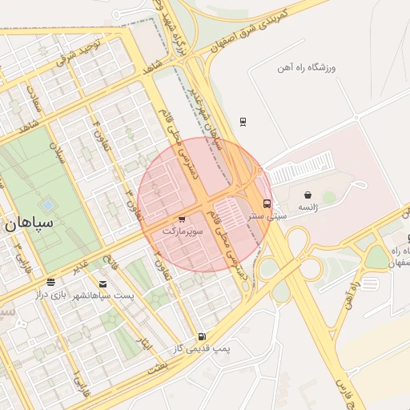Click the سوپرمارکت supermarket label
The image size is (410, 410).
(184, 231)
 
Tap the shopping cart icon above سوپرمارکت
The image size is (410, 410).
(182, 219)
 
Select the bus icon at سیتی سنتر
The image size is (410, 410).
(267, 203)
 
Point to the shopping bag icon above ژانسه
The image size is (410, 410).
(308, 195)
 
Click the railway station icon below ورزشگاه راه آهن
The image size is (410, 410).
(243, 122)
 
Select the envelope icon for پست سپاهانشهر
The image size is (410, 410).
(102, 283)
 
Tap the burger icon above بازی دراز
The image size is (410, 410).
(51, 282)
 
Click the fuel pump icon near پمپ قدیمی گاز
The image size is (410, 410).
(201, 337)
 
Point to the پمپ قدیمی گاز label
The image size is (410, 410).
(200, 350)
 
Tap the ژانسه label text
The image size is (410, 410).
(308, 207)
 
